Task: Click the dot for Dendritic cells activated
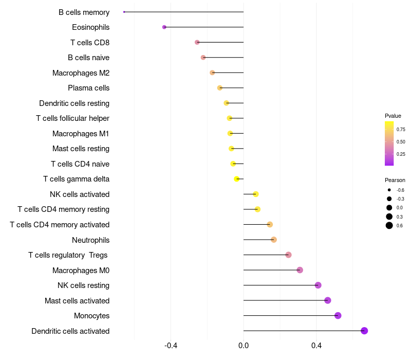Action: (x=364, y=331)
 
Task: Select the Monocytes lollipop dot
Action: (x=338, y=316)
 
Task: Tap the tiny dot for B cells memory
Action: (x=124, y=12)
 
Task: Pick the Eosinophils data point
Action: (x=164, y=27)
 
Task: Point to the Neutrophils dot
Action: (x=274, y=240)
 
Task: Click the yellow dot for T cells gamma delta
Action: (x=236, y=179)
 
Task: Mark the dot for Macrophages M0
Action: (x=300, y=270)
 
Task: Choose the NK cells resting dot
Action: (x=318, y=285)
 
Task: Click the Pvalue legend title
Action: (x=393, y=116)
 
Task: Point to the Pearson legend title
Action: (x=395, y=180)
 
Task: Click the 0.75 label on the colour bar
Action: (x=401, y=130)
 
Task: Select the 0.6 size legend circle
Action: (x=389, y=225)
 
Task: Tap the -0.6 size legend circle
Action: (x=389, y=190)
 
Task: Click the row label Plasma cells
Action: (x=88, y=88)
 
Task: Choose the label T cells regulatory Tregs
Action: (x=69, y=255)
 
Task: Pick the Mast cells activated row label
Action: (x=77, y=300)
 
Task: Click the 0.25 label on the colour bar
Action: (x=401, y=154)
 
